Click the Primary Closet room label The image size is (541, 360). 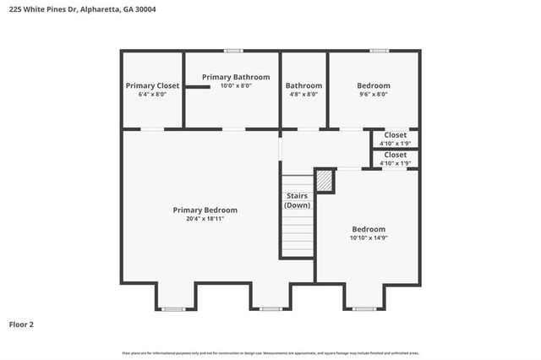click(152, 85)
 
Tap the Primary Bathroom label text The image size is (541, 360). click(236, 77)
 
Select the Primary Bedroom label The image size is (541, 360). click(205, 210)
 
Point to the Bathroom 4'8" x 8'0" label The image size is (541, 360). click(303, 85)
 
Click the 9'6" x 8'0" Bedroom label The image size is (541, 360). click(373, 85)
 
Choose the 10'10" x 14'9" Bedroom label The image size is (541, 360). click(369, 229)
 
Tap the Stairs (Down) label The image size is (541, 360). click(297, 200)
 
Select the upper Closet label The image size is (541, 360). click(395, 135)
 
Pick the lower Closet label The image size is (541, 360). click(395, 155)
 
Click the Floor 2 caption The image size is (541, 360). click(21, 324)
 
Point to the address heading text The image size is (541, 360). click(82, 9)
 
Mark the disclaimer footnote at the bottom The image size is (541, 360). click(270, 352)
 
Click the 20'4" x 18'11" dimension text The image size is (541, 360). click(205, 219)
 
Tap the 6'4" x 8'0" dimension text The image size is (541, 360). click(152, 95)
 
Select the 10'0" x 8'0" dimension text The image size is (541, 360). click(236, 85)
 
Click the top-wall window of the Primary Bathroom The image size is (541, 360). click(233, 51)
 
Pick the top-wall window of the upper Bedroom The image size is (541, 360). click(380, 51)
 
